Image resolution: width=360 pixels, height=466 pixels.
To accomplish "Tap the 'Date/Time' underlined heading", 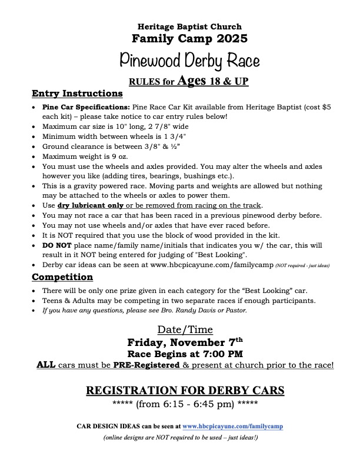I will pos(185,329).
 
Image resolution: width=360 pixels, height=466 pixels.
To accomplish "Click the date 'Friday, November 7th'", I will pos(185,342).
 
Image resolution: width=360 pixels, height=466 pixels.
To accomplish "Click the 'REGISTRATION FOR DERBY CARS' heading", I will pos(185,391).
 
